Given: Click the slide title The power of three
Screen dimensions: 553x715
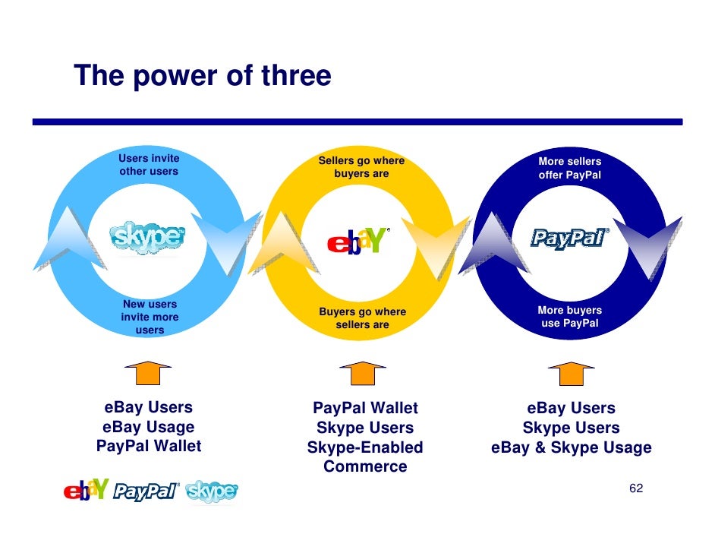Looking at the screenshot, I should point(202,76).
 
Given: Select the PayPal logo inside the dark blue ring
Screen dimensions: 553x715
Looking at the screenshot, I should point(569,239).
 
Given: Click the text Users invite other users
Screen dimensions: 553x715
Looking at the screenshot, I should point(149,165).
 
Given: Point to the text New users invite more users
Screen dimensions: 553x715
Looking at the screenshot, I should point(150,317).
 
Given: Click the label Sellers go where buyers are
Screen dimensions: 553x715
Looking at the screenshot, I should point(361,167).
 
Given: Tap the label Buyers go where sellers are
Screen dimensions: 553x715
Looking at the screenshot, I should point(362,318).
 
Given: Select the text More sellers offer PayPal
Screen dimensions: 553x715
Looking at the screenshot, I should point(569,168).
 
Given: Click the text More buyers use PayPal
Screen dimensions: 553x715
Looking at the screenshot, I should point(569,317).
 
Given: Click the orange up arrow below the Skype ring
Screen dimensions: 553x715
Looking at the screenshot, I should point(147,373).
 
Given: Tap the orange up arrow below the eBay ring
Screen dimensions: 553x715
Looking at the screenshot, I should point(362,373).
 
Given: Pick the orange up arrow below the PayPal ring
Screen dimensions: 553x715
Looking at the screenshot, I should point(571,373).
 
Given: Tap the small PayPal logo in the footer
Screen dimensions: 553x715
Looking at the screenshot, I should point(146,492).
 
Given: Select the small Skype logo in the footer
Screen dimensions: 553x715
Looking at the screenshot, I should point(212,492).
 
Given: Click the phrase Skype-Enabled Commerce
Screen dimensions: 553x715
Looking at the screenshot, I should point(365,457).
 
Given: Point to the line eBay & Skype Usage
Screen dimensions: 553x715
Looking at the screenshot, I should point(571,447).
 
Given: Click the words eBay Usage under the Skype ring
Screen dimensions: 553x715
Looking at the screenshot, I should point(148,427).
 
